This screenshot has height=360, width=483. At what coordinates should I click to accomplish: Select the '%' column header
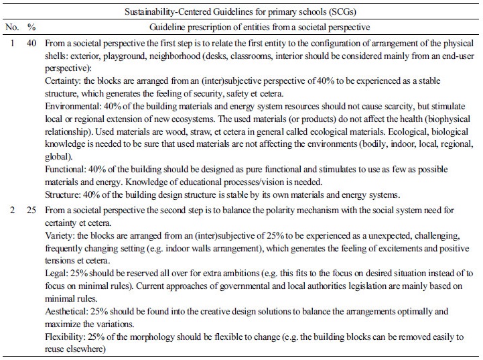(x=31, y=28)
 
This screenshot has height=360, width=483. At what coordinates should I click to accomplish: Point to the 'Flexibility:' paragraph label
(x=66, y=337)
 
